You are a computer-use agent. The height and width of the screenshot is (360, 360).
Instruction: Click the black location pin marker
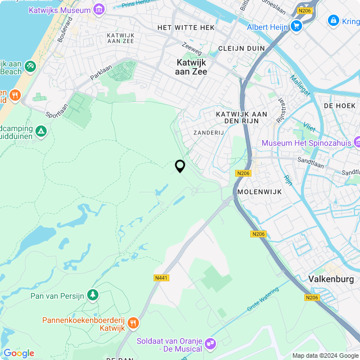tap(180, 166)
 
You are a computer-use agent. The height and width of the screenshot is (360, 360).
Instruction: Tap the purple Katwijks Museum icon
tap(100, 10)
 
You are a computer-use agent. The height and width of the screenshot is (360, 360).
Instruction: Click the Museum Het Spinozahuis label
tap(306, 143)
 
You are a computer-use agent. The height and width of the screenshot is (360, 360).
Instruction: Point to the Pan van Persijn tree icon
tap(93, 295)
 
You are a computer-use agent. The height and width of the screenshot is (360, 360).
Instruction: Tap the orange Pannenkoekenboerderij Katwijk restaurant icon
tap(133, 323)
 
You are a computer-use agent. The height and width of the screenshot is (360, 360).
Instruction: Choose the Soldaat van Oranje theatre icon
tap(210, 343)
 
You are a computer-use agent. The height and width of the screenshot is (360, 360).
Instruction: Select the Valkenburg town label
tap(331, 279)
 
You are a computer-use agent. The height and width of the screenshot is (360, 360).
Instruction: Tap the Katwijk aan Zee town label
tap(192, 67)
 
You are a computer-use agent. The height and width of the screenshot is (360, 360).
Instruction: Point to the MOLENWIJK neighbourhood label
tap(258, 192)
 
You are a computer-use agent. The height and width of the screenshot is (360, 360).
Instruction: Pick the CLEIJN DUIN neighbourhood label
tap(241, 48)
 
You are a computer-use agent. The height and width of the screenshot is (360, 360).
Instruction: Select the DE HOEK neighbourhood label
tap(340, 105)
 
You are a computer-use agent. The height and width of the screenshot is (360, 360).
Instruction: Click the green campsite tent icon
tap(40, 132)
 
